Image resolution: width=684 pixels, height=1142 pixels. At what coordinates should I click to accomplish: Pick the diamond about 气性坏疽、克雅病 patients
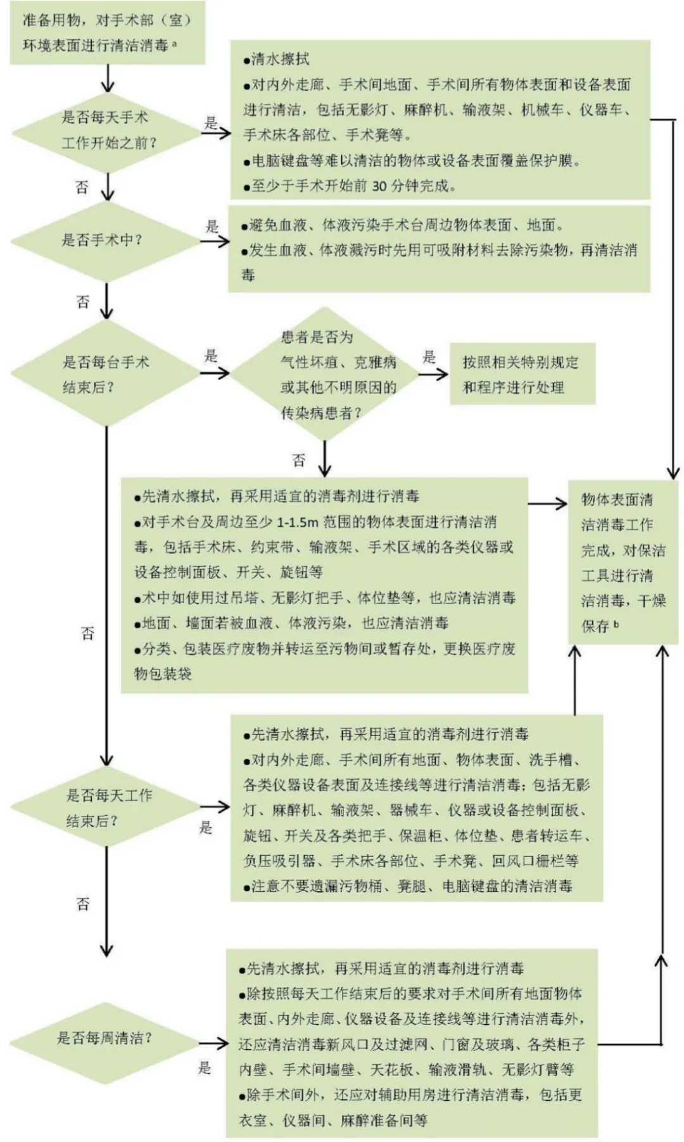(325, 374)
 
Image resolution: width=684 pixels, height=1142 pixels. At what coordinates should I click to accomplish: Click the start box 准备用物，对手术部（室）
(107, 33)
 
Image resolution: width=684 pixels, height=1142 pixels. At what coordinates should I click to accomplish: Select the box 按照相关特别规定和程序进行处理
(522, 374)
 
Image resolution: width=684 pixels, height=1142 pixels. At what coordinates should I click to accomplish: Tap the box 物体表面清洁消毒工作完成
(623, 562)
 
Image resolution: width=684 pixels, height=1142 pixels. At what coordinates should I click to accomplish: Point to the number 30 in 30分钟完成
(379, 186)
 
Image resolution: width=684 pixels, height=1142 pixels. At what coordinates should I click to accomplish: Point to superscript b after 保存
(616, 623)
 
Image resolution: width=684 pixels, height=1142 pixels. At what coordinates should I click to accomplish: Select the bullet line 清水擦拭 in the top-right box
(277, 60)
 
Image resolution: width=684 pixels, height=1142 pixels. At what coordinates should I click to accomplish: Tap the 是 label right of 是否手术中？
(212, 226)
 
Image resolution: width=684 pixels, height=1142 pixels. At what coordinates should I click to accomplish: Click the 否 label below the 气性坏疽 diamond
(299, 460)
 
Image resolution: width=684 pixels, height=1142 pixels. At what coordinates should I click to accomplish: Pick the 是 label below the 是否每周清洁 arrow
(204, 1068)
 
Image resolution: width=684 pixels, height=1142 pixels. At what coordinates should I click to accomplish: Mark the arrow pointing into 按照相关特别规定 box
(434, 374)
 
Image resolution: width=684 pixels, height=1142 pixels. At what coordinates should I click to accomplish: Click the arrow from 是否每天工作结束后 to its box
(215, 807)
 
